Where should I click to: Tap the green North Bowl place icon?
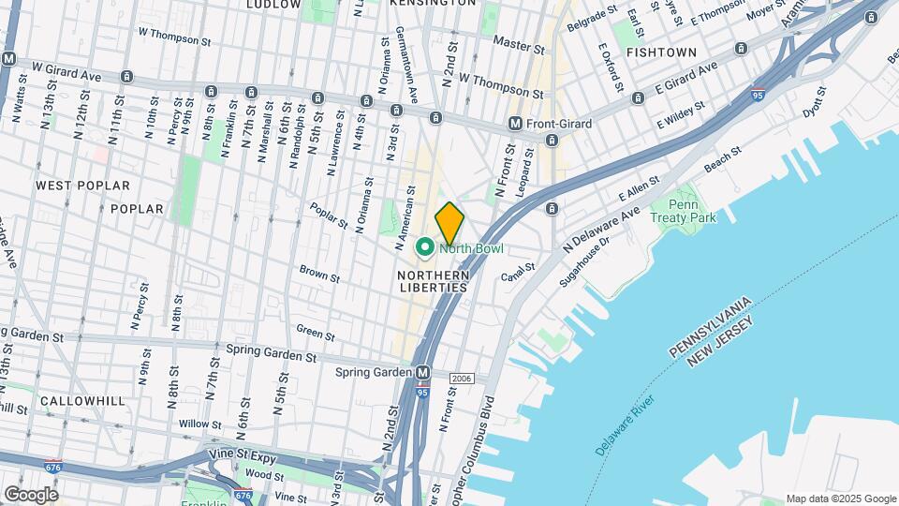click(x=423, y=248)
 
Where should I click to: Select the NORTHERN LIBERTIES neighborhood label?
click(x=433, y=281)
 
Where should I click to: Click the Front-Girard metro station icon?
click(x=514, y=124)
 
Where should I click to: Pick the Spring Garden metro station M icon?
click(x=422, y=372)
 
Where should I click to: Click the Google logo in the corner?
click(x=31, y=494)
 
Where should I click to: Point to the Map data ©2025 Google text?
click(x=840, y=499)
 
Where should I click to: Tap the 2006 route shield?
click(x=461, y=379)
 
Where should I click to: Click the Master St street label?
click(x=518, y=44)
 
